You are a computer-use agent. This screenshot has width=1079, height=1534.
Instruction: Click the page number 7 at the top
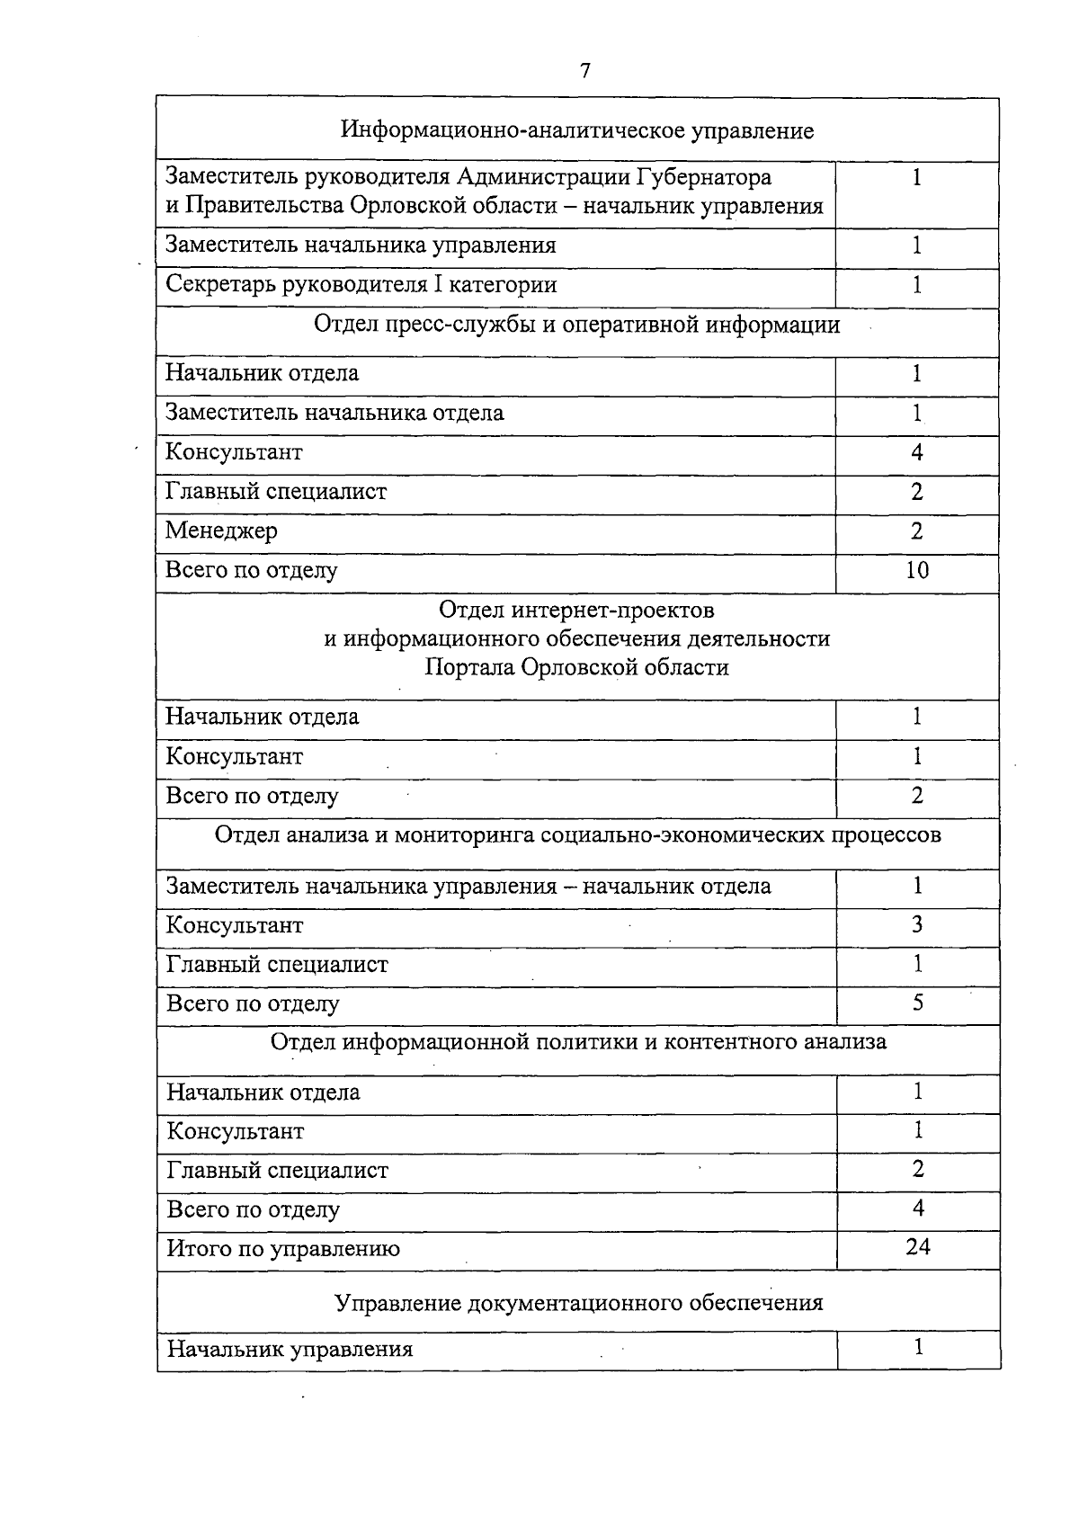coord(585,71)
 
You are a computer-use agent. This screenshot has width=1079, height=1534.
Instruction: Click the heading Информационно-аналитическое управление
coord(576,131)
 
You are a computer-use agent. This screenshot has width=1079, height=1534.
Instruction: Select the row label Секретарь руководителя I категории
coord(361,285)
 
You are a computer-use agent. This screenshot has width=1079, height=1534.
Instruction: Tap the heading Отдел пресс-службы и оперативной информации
coord(576,325)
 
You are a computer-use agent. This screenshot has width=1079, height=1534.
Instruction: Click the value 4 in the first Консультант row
coord(916,452)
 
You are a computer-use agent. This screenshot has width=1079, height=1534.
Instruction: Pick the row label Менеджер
coord(221,531)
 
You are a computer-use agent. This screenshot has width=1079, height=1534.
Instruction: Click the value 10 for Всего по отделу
coord(916,570)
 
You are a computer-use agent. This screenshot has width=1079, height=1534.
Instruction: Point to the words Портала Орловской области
coord(576,667)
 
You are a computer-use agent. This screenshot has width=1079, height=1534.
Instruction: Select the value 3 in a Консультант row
coord(917,924)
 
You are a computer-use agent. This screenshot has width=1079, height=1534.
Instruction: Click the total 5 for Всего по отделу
coord(917,1003)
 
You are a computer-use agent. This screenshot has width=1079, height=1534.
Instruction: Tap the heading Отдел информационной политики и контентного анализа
coord(578,1041)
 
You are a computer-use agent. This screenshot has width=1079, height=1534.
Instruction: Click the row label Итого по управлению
coord(283,1248)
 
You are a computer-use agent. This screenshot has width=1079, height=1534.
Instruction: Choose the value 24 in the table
coord(918,1246)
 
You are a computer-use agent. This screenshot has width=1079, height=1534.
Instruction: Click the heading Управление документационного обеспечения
coord(578,1302)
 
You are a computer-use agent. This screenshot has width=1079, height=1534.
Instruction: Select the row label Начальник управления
coord(290,1349)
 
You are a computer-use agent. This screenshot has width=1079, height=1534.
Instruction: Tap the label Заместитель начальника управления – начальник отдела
coord(468,886)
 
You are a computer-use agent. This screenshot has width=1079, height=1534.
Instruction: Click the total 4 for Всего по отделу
coord(918,1208)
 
